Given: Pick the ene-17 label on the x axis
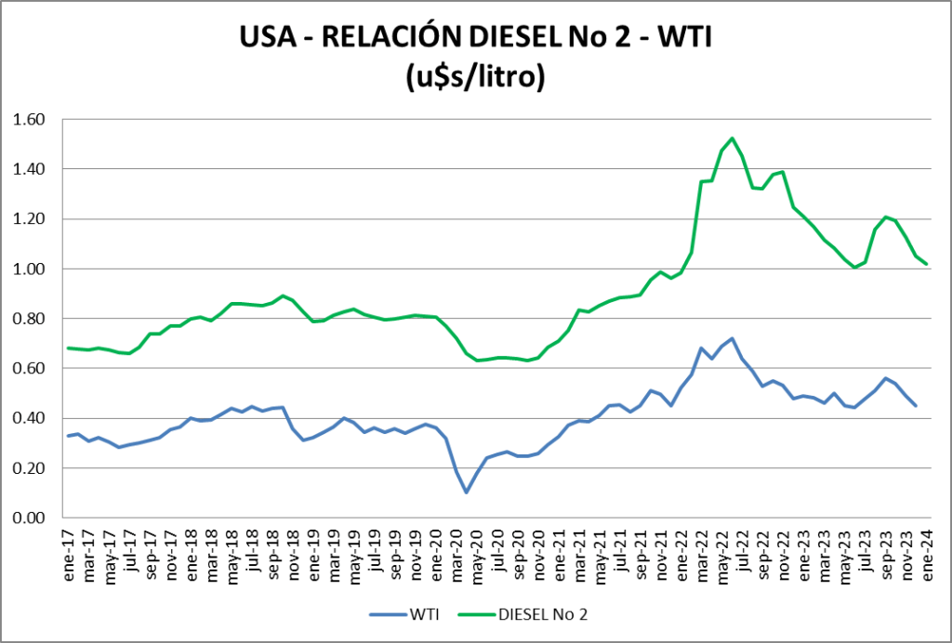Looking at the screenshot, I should point(69,558).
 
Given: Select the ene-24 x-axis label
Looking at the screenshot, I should point(926,558).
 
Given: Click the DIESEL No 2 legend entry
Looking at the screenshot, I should point(534,613).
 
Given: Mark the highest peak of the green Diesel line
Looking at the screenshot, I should point(733,138).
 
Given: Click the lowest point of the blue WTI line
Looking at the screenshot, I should point(467,492).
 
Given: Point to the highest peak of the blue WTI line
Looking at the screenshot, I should point(733,338).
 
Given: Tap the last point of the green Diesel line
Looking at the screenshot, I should point(926,264).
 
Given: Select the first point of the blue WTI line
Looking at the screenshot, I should point(69,436).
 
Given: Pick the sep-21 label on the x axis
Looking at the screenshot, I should point(641,558).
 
